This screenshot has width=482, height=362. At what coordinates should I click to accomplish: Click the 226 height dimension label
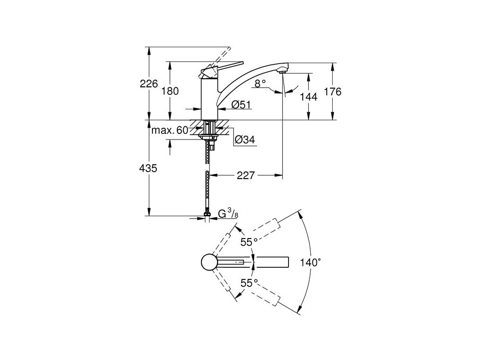(149, 83)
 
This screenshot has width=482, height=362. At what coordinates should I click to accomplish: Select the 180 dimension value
(170, 91)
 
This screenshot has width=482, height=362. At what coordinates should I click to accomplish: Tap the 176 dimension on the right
(333, 91)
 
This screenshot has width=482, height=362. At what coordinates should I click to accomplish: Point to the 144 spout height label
(309, 97)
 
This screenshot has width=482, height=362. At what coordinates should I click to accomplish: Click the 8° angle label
(260, 83)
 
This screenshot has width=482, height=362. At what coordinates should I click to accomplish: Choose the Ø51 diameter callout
(241, 105)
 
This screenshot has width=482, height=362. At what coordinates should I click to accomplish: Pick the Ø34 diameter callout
(245, 140)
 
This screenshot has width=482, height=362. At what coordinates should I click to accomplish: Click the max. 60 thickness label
(169, 131)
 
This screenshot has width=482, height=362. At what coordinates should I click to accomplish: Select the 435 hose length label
(148, 168)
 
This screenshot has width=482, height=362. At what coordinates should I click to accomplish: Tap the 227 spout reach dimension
(246, 175)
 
